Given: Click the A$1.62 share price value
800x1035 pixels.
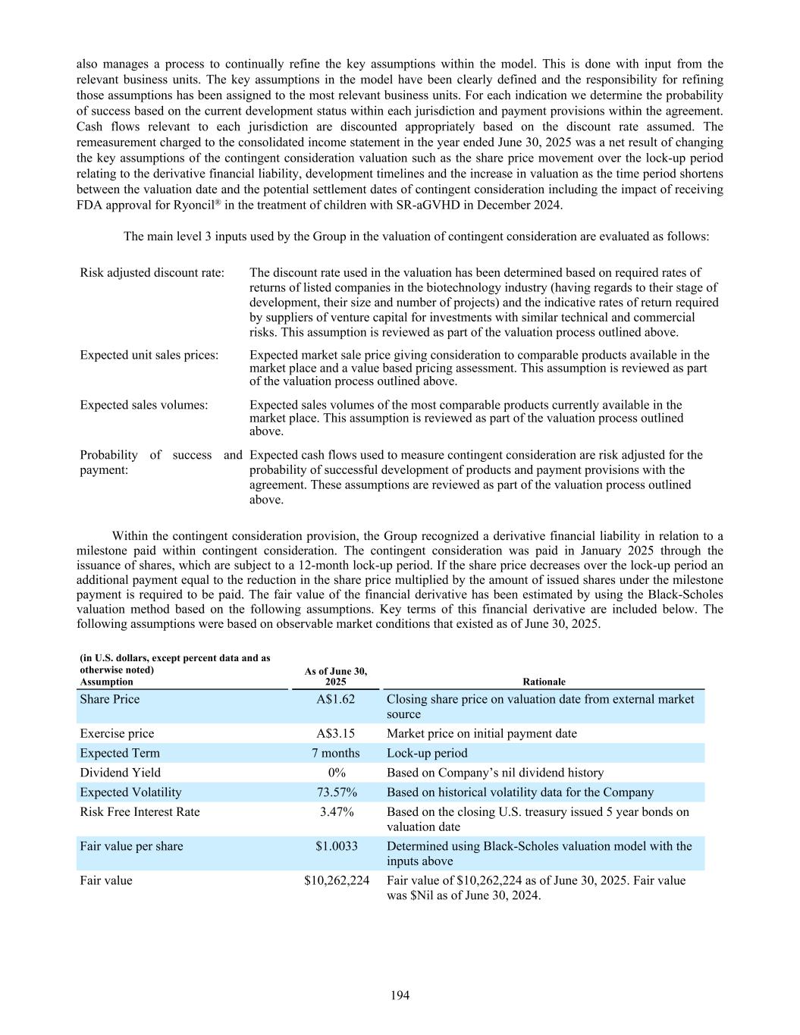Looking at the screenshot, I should tap(336, 699).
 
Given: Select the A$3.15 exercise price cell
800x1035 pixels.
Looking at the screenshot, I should tap(336, 733).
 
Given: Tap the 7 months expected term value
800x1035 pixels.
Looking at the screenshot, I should tap(336, 753).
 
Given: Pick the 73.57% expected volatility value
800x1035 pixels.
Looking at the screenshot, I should tap(336, 792).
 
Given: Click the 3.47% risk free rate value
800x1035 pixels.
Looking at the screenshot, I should tap(336, 812).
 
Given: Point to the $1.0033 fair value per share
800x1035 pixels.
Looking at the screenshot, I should tap(336, 846).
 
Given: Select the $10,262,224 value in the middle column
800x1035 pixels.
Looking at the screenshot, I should tap(336, 880).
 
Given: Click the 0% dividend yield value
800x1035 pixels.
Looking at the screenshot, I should tap(336, 773).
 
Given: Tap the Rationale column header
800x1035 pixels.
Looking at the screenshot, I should tap(544, 682).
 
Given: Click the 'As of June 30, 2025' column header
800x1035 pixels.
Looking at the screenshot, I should tap(336, 676).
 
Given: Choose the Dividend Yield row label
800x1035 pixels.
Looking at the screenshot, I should tap(114, 773).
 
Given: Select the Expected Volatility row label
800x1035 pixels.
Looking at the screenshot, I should tap(130, 792).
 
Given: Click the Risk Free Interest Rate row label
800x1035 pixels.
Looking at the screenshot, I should tap(140, 812).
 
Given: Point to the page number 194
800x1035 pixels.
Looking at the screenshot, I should tap(400, 996).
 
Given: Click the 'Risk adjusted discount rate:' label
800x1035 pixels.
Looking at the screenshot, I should tap(152, 272).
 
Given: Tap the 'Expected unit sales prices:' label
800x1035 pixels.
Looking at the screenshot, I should tap(149, 355).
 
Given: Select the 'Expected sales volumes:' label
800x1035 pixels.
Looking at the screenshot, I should tap(143, 405).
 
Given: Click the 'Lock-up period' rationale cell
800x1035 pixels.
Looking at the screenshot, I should tap(427, 753).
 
